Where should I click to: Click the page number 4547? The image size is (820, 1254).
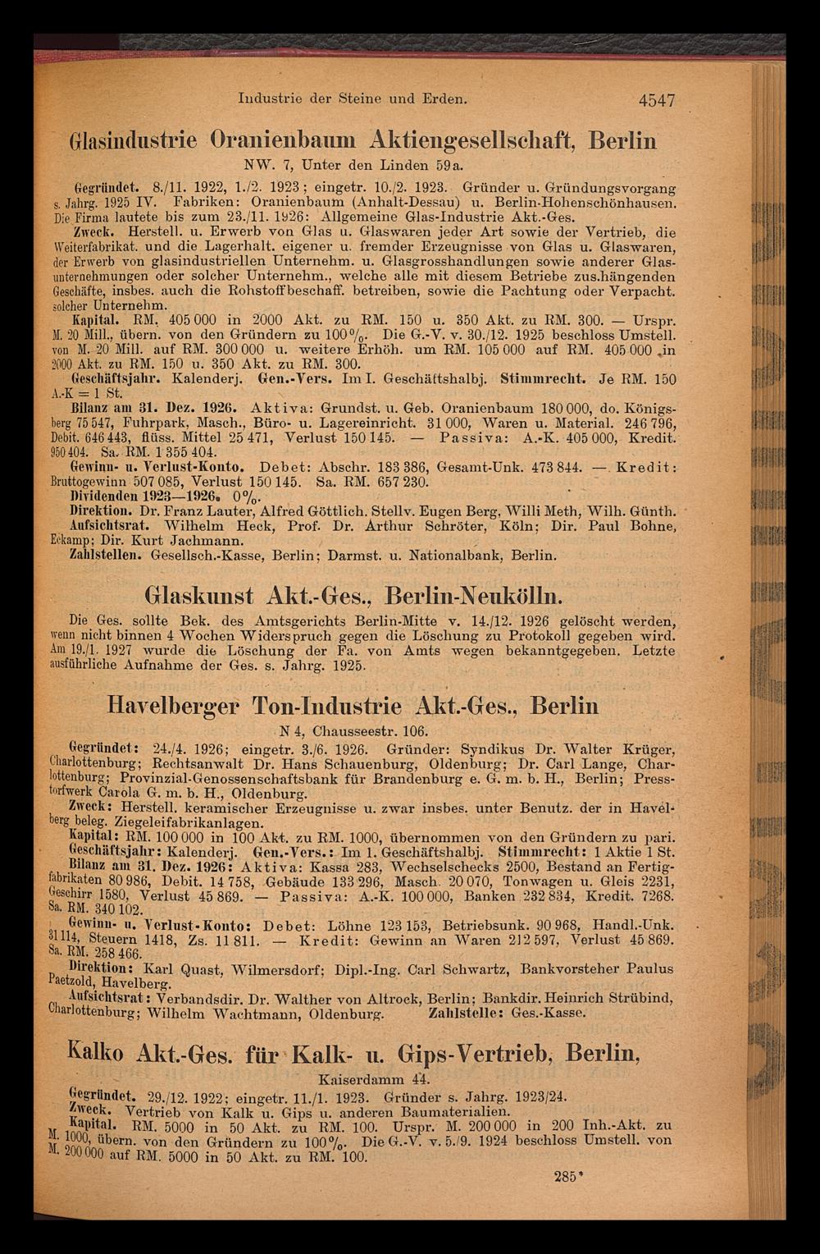coord(648,100)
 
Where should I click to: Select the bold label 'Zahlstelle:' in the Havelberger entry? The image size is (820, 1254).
coord(467,1013)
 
